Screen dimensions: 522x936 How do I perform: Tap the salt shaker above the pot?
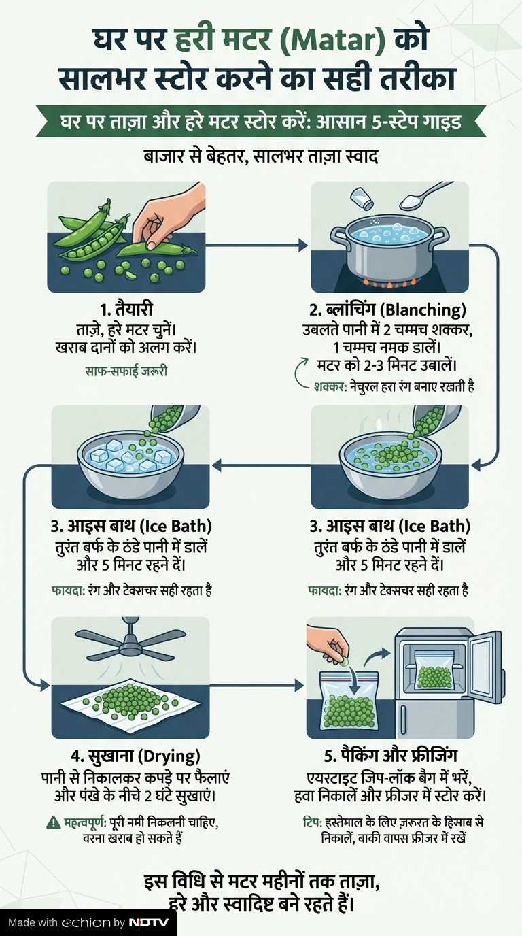[362, 198]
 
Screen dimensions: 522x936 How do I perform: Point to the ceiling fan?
[130, 643]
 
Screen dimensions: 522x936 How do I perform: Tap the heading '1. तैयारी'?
[126, 310]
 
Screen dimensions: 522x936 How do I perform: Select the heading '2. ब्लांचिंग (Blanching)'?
[387, 310]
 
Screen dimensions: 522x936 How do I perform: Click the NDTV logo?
[148, 922]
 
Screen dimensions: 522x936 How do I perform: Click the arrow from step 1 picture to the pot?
[256, 246]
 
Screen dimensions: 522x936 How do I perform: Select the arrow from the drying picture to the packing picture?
[256, 685]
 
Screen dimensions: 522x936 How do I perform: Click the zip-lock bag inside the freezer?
[434, 677]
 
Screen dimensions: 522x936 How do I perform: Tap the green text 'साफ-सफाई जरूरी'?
[126, 371]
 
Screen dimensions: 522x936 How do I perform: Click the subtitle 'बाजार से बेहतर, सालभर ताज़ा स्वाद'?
[261, 157]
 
